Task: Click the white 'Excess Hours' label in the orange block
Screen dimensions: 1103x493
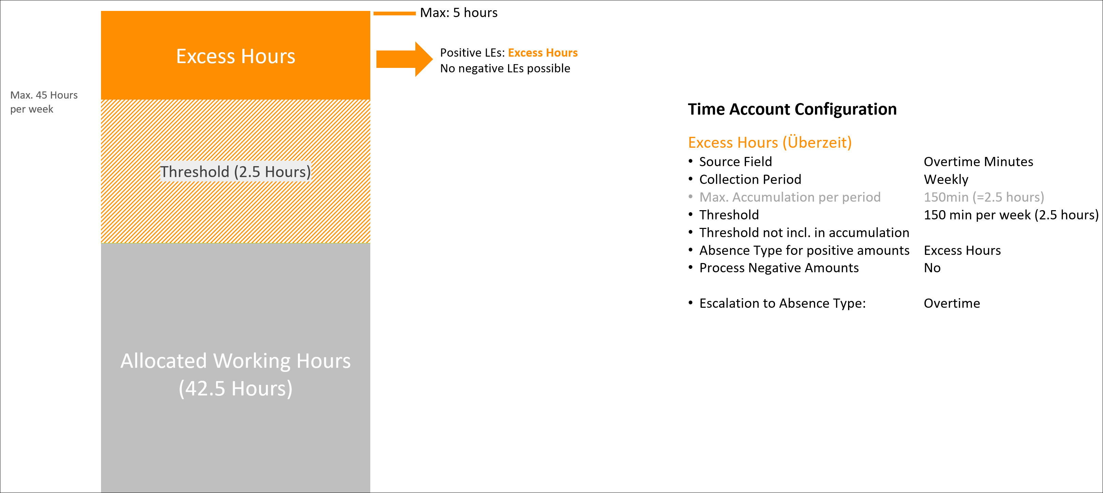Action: click(235, 56)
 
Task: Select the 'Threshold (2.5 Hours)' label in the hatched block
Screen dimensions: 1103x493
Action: click(235, 172)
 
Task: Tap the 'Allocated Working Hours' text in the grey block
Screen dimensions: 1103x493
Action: click(235, 361)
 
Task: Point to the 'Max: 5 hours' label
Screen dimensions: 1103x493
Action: click(459, 12)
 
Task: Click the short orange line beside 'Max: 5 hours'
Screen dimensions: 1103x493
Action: click(395, 13)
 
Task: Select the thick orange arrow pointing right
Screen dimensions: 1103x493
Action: click(404, 59)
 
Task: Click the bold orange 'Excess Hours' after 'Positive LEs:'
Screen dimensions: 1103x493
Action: click(543, 53)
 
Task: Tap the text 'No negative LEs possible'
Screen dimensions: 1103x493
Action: click(505, 69)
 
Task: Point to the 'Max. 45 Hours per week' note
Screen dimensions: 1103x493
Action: click(44, 102)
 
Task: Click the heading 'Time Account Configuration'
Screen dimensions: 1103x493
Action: click(792, 109)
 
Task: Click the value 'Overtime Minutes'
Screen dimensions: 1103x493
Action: click(978, 162)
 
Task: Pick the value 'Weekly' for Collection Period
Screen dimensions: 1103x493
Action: click(946, 179)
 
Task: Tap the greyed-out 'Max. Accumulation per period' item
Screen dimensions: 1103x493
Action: click(790, 197)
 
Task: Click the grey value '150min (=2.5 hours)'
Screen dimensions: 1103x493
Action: click(984, 197)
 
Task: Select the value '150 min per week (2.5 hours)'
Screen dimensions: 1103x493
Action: click(1011, 215)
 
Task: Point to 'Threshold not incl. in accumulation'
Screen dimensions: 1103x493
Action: click(804, 232)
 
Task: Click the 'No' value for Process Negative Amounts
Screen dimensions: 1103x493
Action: click(932, 268)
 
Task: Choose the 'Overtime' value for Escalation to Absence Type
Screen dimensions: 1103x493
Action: click(952, 303)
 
